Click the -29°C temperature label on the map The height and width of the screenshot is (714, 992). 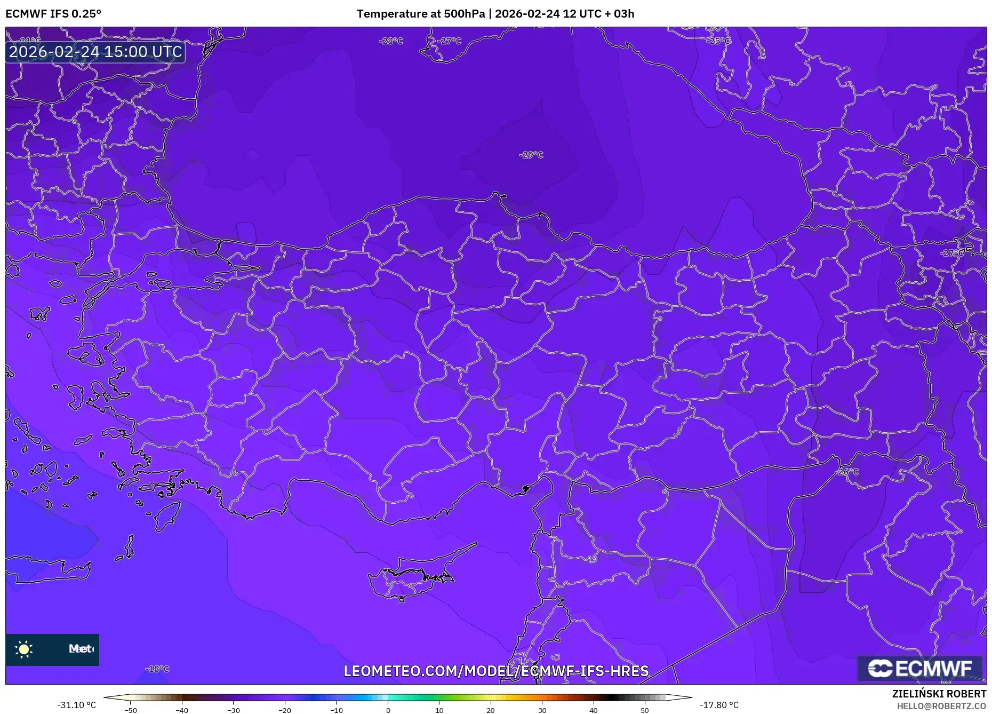[x=531, y=155]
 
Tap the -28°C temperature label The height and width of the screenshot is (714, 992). [x=391, y=41]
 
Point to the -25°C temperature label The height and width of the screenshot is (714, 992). [x=718, y=41]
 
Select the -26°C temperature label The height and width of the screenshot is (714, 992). [x=846, y=472]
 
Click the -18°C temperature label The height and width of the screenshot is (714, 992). [x=157, y=669]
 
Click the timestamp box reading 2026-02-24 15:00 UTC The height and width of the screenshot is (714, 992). [x=95, y=52]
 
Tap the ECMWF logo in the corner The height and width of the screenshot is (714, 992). [x=919, y=669]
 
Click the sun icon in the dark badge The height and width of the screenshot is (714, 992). [x=24, y=649]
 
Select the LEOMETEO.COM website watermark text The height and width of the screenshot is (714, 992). [x=496, y=671]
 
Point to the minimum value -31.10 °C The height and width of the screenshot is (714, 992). [x=77, y=705]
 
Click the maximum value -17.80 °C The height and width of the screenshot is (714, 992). [x=719, y=705]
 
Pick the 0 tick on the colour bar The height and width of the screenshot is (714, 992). [x=388, y=710]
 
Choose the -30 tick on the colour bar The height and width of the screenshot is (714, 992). [x=234, y=710]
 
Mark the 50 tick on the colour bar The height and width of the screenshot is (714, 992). [x=645, y=710]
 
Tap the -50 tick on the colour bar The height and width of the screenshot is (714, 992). [x=131, y=710]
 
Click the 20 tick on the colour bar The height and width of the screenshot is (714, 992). [x=491, y=710]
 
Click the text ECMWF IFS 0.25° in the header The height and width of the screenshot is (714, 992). [x=53, y=13]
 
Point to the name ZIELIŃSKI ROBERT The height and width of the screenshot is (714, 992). [x=939, y=694]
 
